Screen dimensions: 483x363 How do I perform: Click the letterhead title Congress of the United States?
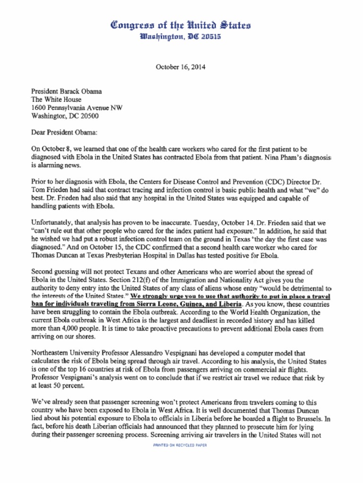coord(181,25)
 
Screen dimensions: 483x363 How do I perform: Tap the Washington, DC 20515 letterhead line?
coord(181,36)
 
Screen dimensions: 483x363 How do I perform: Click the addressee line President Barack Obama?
coord(66,92)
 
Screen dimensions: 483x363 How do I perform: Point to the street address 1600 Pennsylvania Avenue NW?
coord(77,108)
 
